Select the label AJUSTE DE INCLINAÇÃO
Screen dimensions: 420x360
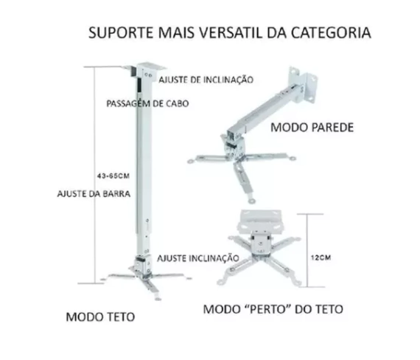206,80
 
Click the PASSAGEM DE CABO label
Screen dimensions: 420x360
147,103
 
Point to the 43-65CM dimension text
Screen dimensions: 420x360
113,176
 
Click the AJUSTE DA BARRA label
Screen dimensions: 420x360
94,194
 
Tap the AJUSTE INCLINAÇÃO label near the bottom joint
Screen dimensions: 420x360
198,258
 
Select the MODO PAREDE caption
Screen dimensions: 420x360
312,128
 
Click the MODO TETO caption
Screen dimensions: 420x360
100,316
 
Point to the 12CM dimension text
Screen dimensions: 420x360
321,257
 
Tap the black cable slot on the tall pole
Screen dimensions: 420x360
139,85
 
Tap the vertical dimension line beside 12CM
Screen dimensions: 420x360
307,251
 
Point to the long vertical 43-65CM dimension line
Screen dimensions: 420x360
94,175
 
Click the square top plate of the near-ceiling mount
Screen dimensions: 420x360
261,221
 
